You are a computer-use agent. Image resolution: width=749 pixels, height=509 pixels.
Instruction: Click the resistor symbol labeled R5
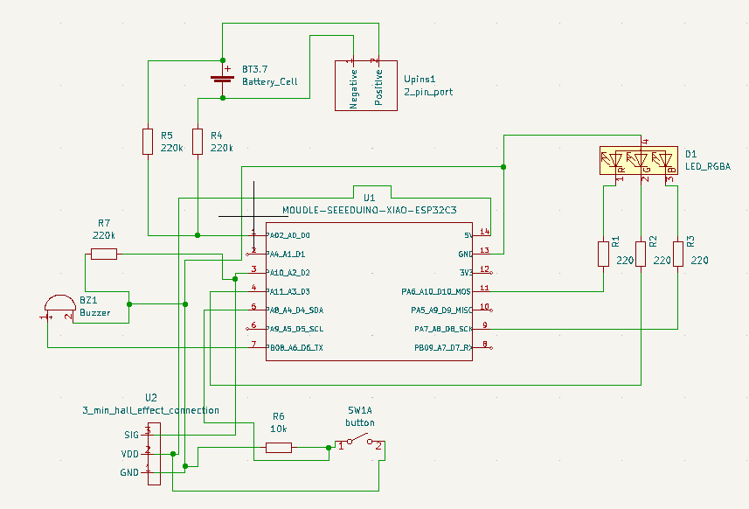pos(148,142)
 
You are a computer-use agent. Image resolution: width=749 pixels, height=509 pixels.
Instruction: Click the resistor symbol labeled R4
pos(198,142)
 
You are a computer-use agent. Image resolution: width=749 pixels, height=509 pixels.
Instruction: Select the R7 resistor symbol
pos(104,254)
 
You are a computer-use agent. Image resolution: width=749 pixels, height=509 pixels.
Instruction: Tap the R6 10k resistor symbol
pos(279,448)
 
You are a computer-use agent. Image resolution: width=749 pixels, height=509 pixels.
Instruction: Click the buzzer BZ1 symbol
pos(58,307)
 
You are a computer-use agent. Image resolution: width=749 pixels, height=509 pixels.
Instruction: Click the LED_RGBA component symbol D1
pos(640,160)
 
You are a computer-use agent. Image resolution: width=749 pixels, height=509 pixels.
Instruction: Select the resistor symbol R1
pos(602,254)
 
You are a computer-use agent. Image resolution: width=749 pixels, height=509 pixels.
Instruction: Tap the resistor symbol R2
pos(641,254)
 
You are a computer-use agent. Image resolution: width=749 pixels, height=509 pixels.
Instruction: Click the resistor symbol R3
pos(677,254)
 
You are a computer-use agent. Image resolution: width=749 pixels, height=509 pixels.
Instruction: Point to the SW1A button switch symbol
pos(358,443)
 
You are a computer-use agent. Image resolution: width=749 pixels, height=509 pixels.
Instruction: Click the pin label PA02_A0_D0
pos(289,235)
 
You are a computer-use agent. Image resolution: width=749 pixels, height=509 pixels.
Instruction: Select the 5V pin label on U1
pos(468,235)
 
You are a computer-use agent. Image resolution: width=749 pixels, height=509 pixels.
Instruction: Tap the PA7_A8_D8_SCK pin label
pos(443,330)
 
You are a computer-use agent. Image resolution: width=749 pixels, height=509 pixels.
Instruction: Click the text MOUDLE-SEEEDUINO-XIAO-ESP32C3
pos(370,211)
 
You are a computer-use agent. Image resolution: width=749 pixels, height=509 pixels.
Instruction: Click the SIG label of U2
pos(130,433)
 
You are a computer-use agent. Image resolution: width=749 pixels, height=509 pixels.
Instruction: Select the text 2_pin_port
pos(428,92)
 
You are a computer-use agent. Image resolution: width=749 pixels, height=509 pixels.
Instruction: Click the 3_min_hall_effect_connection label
pos(150,410)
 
